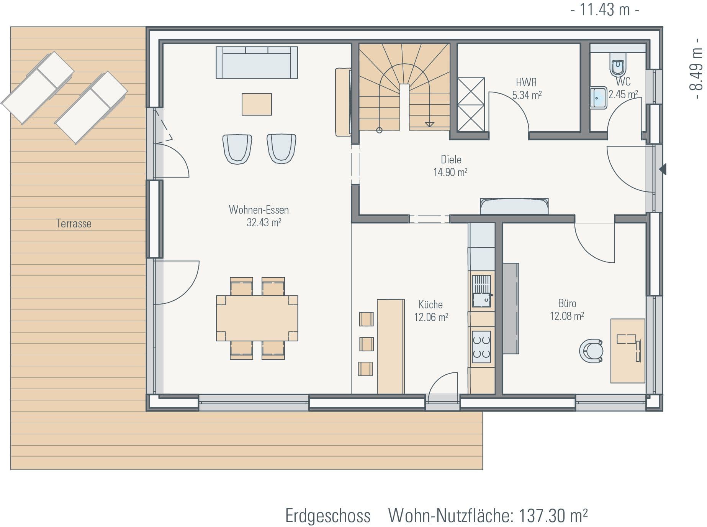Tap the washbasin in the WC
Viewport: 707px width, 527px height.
point(598,98)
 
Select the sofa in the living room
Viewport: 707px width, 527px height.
point(257,63)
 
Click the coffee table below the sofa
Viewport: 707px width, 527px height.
point(257,104)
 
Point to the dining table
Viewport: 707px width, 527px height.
point(257,318)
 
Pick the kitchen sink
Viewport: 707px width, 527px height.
point(481,291)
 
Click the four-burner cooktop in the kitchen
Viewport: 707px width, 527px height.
point(481,347)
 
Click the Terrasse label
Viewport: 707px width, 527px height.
point(74,224)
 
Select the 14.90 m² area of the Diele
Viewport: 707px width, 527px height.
point(450,172)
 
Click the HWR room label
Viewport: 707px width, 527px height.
point(526,82)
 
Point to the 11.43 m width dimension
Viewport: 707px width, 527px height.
point(605,10)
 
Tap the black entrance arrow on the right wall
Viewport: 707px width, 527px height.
point(663,169)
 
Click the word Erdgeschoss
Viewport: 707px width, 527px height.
point(328,516)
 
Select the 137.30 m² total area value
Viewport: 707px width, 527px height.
point(553,515)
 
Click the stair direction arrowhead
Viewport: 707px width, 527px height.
point(429,124)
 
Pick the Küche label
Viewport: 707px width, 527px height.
point(430,305)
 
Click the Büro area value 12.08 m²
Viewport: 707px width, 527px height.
point(567,316)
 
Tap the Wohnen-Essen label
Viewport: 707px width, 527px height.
point(259,210)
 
